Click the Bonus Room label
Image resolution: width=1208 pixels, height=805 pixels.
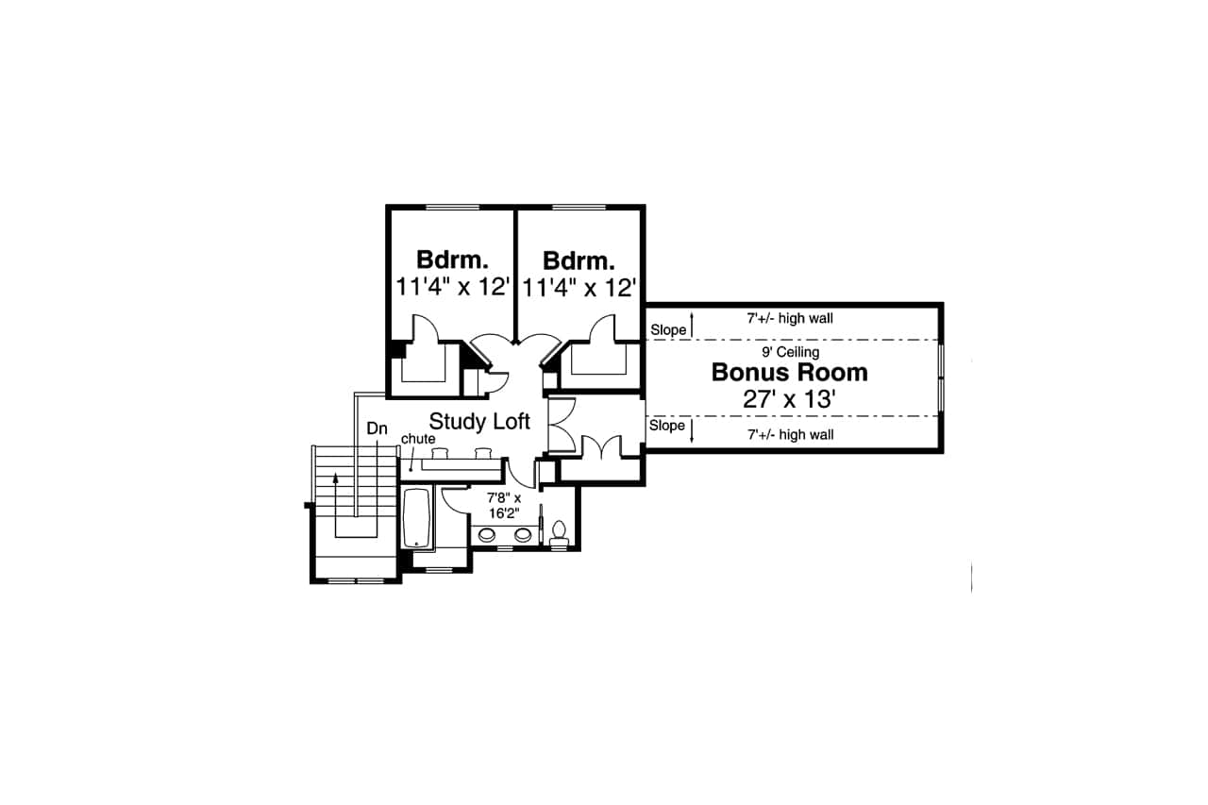tap(789, 373)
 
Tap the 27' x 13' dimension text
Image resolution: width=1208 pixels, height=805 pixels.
tap(789, 400)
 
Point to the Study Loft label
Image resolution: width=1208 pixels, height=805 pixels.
tap(479, 421)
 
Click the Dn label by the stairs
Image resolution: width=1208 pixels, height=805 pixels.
tap(377, 429)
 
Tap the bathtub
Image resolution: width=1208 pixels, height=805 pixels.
tap(416, 517)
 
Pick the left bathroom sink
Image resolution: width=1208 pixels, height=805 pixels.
tap(488, 535)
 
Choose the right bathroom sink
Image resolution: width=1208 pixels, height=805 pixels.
tap(522, 535)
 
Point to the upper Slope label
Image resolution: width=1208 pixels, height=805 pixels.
tap(667, 330)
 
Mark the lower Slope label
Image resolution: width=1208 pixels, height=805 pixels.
tap(667, 426)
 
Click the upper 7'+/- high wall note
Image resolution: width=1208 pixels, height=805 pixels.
tap(790, 319)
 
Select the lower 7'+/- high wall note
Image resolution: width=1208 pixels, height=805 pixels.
tap(790, 435)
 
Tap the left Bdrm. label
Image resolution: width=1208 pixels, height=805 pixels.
tap(452, 260)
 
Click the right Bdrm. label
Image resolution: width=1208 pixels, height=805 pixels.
tap(579, 260)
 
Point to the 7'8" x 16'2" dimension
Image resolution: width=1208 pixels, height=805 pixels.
tap(504, 506)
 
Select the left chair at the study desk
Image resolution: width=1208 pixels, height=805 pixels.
tap(440, 453)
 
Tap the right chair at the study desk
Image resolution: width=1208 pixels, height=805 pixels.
tap(484, 453)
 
